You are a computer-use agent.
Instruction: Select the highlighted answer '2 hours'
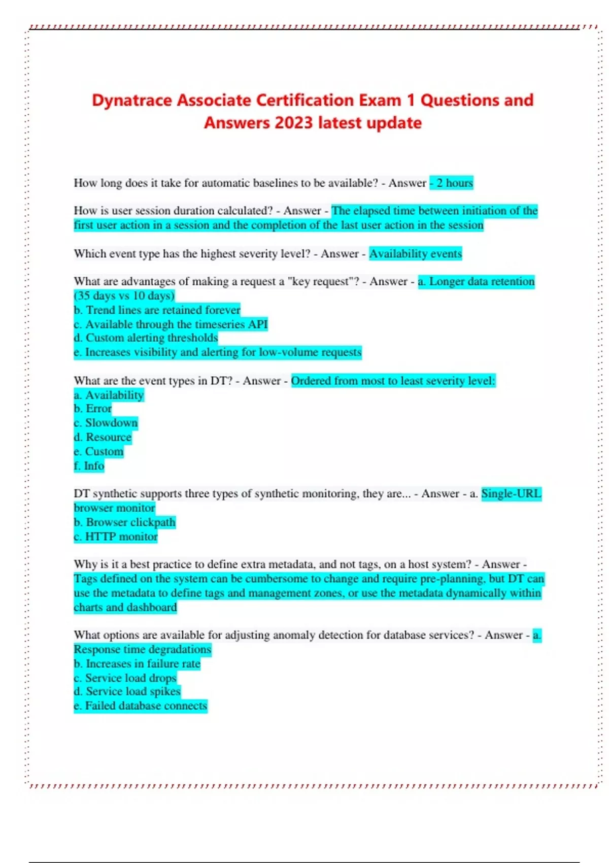[454, 183]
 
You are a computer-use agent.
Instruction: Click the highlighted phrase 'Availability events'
[415, 253]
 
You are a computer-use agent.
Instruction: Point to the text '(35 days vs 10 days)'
[124, 295]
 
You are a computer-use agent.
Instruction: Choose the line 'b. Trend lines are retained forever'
[157, 310]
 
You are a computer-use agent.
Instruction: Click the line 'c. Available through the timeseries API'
[171, 324]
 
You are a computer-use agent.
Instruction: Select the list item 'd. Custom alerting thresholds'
[146, 338]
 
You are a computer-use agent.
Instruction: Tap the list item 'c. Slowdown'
[106, 423]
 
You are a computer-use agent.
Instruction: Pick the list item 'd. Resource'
[103, 437]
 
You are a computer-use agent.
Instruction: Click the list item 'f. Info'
[89, 466]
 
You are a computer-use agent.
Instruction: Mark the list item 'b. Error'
[92, 409]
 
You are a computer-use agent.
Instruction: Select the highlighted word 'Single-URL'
[511, 493]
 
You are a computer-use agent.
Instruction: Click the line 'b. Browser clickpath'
[124, 522]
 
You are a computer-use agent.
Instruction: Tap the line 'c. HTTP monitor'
[116, 536]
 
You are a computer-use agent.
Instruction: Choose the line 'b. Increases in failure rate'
[137, 663]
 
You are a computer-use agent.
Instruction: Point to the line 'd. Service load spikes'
[127, 691]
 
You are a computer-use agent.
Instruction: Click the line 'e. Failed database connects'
[141, 706]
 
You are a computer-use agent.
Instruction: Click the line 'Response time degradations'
[142, 649]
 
